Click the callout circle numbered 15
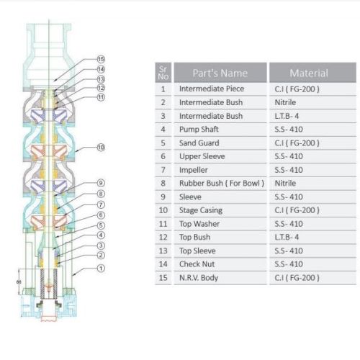(x=101, y=59)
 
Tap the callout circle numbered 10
(x=101, y=147)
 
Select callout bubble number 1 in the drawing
(x=101, y=268)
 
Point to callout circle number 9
(x=101, y=183)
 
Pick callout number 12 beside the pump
(x=101, y=88)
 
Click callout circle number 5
(x=101, y=225)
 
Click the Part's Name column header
(x=220, y=73)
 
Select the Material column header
(x=309, y=73)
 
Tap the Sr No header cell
(x=163, y=73)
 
